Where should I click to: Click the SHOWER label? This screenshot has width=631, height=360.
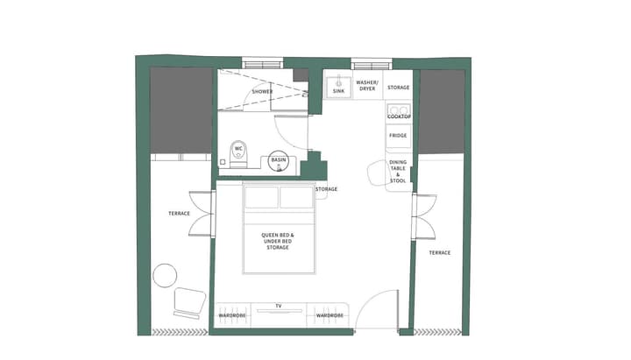click(x=262, y=91)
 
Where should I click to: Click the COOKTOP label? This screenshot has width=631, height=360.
click(x=399, y=116)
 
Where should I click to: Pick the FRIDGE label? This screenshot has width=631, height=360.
click(x=398, y=136)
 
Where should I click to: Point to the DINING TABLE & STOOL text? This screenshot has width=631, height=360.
click(x=398, y=172)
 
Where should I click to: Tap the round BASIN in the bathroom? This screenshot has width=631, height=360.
click(x=279, y=160)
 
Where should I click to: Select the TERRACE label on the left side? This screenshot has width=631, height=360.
click(x=179, y=214)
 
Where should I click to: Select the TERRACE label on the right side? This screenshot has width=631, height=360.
click(x=439, y=252)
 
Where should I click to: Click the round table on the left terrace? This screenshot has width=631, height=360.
click(x=165, y=276)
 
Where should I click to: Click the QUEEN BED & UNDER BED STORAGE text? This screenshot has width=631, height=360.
click(x=278, y=241)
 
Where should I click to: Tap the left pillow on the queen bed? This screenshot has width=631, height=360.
click(x=261, y=197)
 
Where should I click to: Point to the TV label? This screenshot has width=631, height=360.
click(x=279, y=306)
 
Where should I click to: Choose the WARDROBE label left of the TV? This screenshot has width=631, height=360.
click(x=231, y=314)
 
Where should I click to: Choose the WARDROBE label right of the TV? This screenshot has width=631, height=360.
click(x=330, y=314)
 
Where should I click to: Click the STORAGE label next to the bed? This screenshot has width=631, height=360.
click(x=326, y=189)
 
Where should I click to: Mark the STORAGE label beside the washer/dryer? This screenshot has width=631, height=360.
click(x=398, y=88)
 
